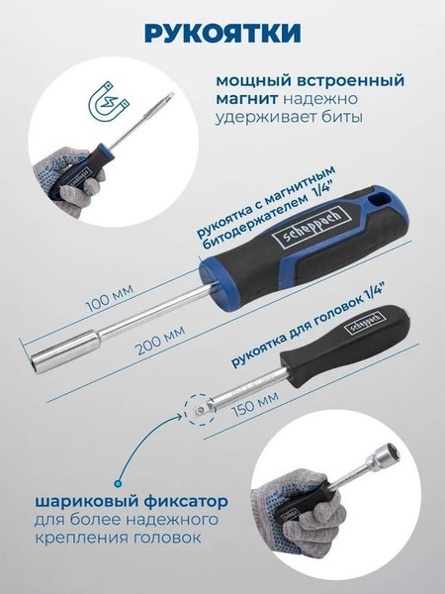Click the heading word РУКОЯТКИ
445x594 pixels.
coord(222,34)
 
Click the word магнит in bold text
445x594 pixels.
coord(246,99)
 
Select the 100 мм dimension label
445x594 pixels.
coord(110,298)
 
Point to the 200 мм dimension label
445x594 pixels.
coord(161,340)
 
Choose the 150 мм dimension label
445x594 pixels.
coord(255,404)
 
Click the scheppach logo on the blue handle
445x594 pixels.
coord(312,227)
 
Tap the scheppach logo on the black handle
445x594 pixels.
coord(364,323)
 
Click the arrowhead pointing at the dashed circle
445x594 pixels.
coord(179,416)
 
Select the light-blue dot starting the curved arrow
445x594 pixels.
coord(118,483)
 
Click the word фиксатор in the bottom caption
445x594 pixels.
coord(186,502)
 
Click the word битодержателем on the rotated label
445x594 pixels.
coord(254,223)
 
